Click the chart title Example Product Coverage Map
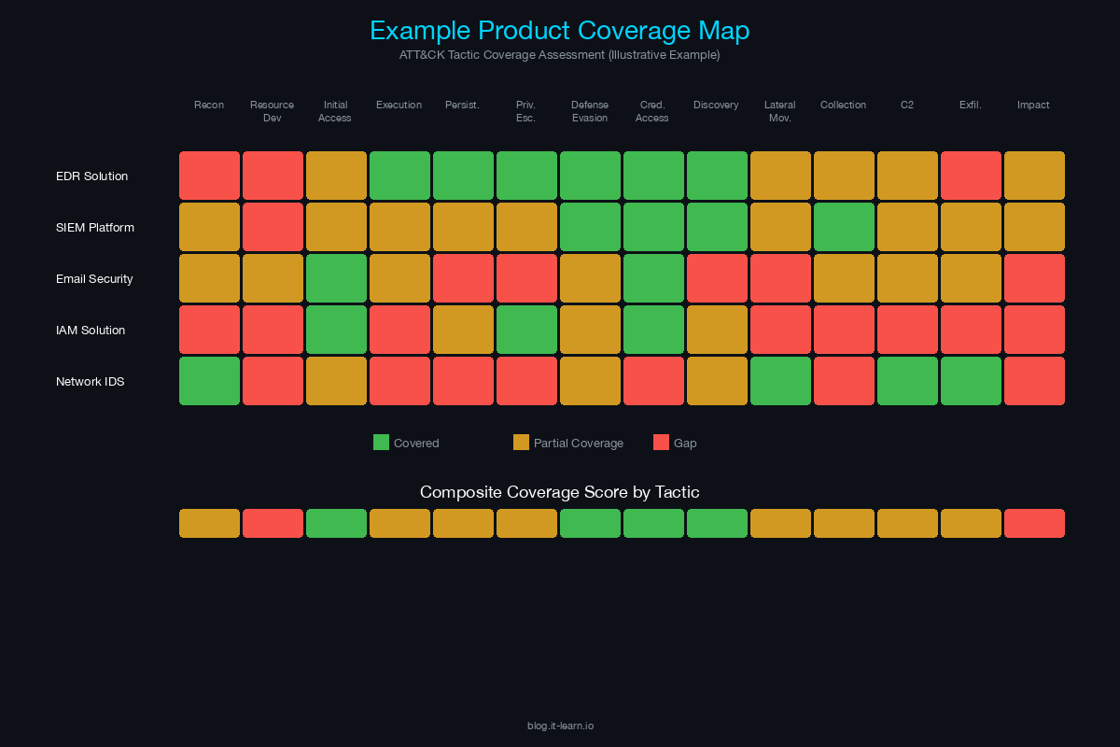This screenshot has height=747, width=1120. [x=559, y=31]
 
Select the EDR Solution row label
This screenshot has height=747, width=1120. [x=91, y=176]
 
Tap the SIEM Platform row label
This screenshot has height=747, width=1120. [x=94, y=228]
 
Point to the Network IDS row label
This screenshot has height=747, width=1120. [x=90, y=382]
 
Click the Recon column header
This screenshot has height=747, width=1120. [x=209, y=106]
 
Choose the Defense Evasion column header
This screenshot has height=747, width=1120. [x=590, y=111]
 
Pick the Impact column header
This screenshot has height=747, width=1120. [x=1033, y=106]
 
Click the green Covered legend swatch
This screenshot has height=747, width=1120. [x=381, y=443]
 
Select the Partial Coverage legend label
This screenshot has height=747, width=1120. [x=578, y=444]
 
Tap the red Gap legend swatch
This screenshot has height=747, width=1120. [x=661, y=443]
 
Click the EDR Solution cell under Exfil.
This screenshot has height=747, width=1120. [x=971, y=176]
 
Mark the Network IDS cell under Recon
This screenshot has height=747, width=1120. [x=209, y=381]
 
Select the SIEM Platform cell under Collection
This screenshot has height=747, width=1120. [x=844, y=227]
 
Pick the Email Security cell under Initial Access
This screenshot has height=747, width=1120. [x=336, y=278]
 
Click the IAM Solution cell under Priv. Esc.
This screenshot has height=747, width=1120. [x=526, y=330]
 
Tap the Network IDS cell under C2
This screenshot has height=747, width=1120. [x=907, y=381]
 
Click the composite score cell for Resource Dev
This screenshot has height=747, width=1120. [x=273, y=524]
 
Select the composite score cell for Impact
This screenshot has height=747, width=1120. [x=1034, y=524]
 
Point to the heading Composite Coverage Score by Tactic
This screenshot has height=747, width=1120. [x=559, y=492]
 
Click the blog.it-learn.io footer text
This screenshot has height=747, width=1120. [x=560, y=726]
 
